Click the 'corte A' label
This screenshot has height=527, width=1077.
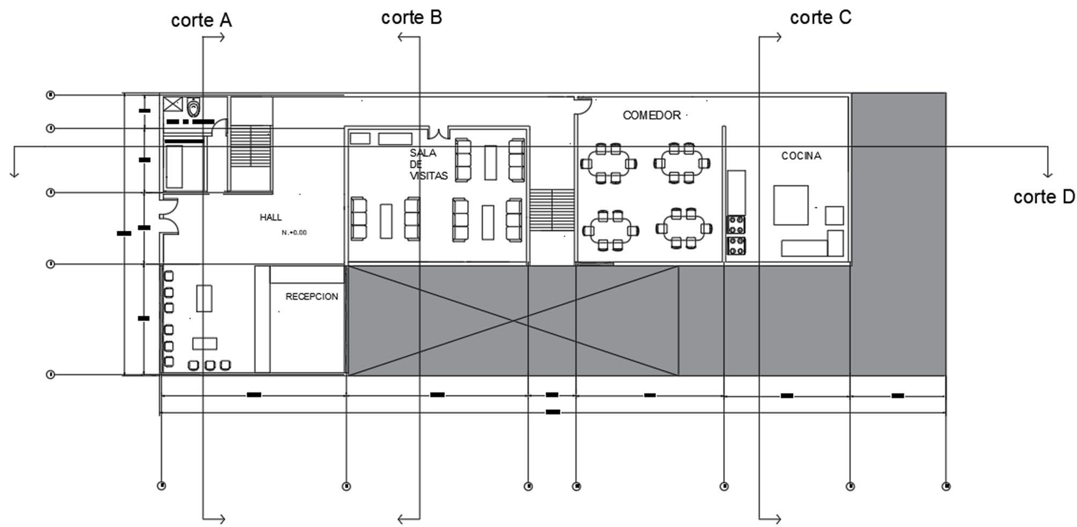tap(201, 20)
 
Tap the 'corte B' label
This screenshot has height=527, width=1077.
tap(411, 17)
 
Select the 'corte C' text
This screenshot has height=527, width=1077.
tap(820, 17)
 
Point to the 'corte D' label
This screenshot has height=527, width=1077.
tap(1043, 197)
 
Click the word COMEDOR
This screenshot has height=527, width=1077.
tap(651, 115)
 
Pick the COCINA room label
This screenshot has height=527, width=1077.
tap(801, 156)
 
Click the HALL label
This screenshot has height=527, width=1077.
tap(271, 217)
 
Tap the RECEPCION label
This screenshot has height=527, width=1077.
tap(311, 296)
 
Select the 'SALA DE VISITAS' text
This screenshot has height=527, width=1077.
tap(428, 164)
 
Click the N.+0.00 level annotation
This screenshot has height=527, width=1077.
tap(294, 232)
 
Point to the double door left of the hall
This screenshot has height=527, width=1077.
tap(169, 216)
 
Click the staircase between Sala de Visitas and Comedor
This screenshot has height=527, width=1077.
tap(552, 209)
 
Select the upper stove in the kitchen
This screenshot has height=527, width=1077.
tap(736, 224)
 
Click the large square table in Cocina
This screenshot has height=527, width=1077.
tap(790, 205)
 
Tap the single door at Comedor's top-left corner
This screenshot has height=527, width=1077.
tap(583, 105)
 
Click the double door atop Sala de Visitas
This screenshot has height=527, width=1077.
tap(439, 132)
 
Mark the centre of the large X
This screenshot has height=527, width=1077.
tap(513, 321)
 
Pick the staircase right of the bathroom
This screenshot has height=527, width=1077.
tap(250, 146)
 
